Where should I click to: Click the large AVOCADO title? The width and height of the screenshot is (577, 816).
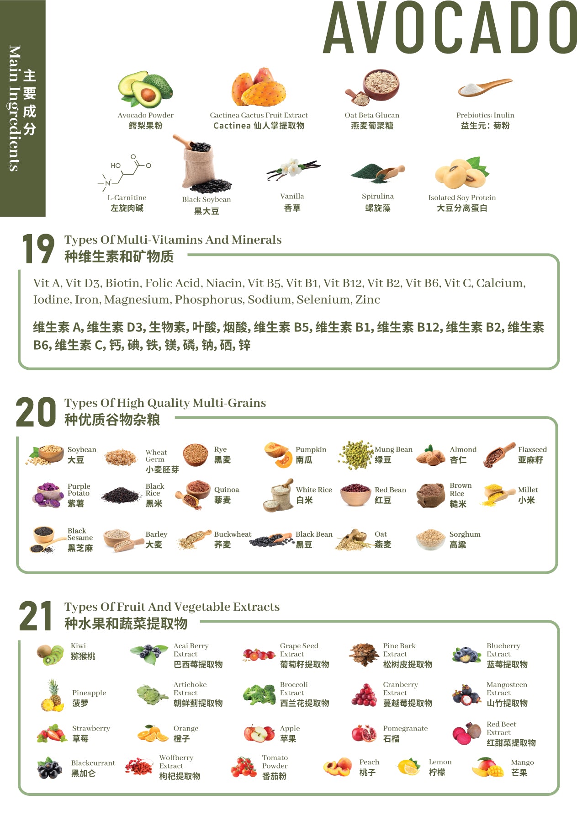coord(450,28)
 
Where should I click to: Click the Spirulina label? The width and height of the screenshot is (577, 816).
coord(377,197)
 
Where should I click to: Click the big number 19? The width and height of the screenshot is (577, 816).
coord(38,249)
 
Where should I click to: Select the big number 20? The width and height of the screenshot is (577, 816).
coord(36,412)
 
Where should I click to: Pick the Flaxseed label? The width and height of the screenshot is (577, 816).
coord(532,450)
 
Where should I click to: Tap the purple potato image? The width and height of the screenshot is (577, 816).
coord(48,495)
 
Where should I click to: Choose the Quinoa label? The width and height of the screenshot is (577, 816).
coord(227,490)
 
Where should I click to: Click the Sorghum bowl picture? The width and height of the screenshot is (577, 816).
coord(430,539)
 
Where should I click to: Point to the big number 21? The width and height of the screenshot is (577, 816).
coord(36,616)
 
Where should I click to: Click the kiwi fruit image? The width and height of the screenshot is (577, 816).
coord(50,655)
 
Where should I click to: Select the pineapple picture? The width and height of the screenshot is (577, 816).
coord(53,696)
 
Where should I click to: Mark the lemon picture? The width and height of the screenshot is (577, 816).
coord(408,767)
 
